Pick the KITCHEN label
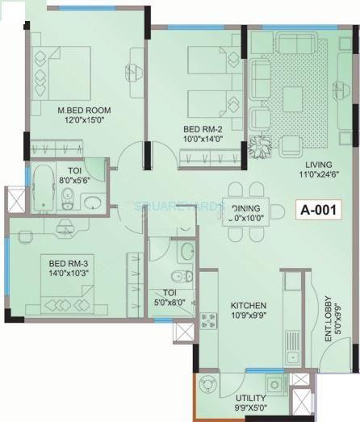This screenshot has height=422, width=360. coord(249,305)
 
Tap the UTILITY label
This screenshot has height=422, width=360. coord(249,399)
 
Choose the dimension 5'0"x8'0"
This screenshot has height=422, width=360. coord(170,301)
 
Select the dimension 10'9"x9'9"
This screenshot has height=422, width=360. coord(249,315)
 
